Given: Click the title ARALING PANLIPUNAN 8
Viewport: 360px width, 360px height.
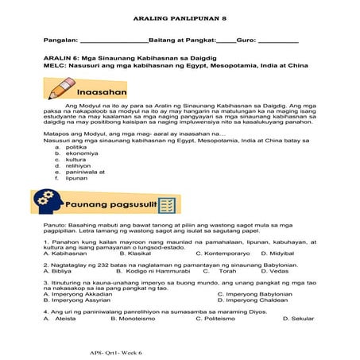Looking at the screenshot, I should (x=179, y=14).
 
